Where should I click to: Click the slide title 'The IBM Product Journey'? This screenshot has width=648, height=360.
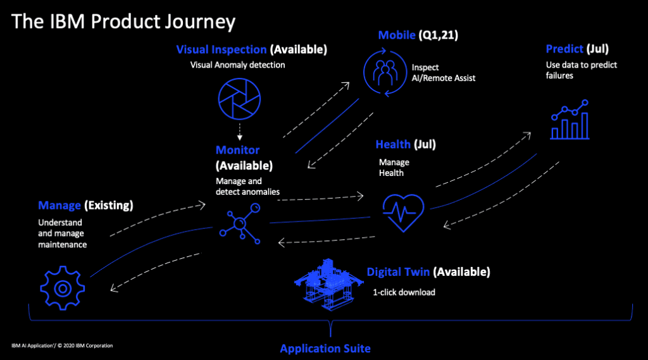click(x=123, y=22)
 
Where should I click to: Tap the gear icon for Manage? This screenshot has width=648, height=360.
click(x=62, y=289)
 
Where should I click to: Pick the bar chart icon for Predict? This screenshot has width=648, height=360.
click(x=570, y=120)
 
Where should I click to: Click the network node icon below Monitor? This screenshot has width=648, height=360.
click(x=240, y=223)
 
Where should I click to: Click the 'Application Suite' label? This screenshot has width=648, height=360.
click(x=325, y=349)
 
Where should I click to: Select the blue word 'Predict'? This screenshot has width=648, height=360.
click(x=564, y=49)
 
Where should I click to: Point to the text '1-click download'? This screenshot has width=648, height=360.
click(x=404, y=292)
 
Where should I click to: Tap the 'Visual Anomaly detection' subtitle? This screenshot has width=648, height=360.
click(x=237, y=65)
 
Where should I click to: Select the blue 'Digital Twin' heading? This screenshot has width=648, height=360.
click(x=398, y=273)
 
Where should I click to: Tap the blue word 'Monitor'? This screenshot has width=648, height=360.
click(x=237, y=150)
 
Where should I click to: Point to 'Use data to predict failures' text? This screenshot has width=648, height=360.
click(x=581, y=70)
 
